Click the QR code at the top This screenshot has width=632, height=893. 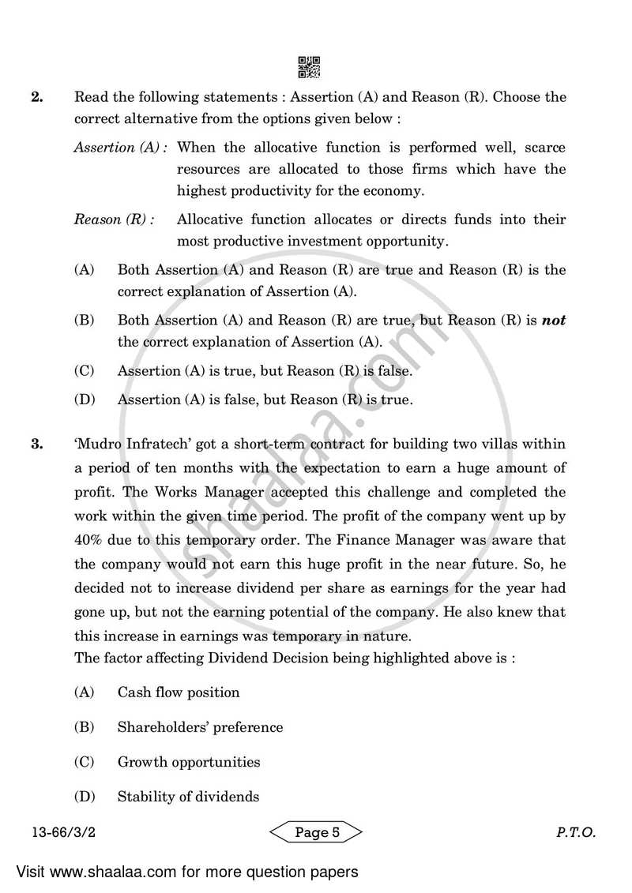tap(309, 67)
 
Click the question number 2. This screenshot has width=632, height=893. tap(36, 98)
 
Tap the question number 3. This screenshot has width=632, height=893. tap(36, 445)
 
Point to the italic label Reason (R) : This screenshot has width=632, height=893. tap(114, 219)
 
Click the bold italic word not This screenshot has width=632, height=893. tap(554, 321)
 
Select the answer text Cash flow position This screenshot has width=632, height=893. tap(178, 692)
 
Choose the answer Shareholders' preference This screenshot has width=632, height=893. tap(200, 727)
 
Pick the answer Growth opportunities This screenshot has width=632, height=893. tap(188, 762)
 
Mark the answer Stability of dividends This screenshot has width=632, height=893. tap(188, 797)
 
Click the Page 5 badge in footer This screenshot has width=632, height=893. tap(316, 831)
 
